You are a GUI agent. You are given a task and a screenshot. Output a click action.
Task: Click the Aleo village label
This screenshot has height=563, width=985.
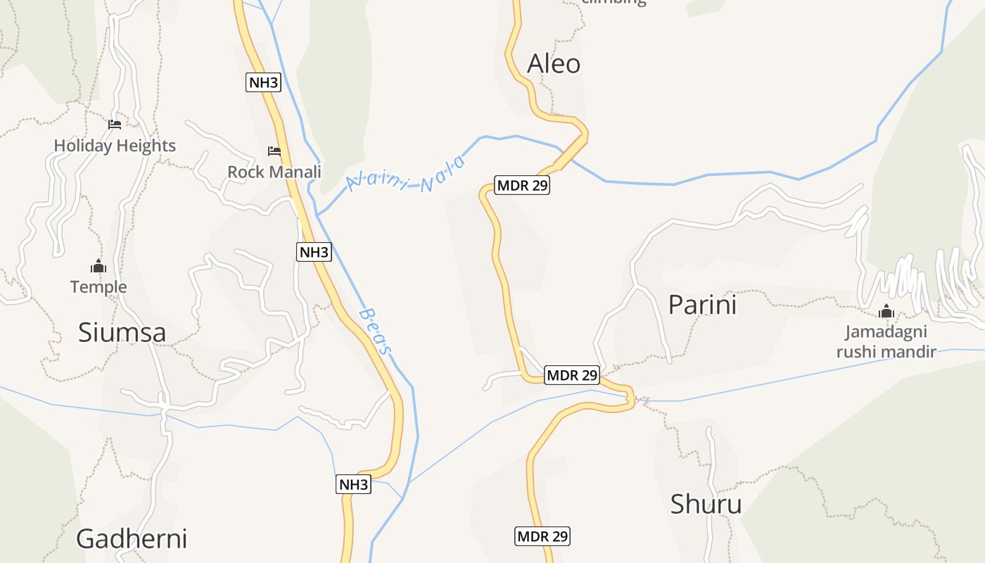coord(554,64)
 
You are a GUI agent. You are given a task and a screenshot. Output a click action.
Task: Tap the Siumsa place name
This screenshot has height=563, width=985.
coord(122,332)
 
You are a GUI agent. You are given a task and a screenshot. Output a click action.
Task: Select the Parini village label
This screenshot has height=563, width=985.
coord(701,305)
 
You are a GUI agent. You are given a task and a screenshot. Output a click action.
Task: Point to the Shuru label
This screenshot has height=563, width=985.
coord(706,504)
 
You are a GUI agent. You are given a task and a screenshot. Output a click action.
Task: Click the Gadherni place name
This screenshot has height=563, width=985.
coord(132,538)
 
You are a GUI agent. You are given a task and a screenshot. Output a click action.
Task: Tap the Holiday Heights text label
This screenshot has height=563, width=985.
coord(115,146)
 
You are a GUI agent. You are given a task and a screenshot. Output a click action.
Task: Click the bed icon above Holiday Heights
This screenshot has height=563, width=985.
coord(115,125)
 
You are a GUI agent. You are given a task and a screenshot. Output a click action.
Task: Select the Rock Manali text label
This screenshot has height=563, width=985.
coord(274,172)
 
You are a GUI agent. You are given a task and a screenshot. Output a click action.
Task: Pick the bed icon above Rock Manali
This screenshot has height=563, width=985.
coord(274,151)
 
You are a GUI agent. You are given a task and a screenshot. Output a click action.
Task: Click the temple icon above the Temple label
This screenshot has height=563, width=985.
coord(99,267)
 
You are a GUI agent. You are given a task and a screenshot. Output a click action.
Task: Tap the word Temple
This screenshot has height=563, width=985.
coord(99,287)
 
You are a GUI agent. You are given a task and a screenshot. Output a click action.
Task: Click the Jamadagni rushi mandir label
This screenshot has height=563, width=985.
coord(886,341)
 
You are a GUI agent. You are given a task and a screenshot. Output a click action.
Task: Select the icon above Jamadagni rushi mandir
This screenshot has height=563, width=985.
coord(886,311)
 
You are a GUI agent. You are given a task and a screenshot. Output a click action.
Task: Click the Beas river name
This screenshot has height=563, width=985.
coord(375,331)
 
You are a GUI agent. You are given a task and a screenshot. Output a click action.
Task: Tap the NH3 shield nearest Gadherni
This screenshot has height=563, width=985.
coord(353,484)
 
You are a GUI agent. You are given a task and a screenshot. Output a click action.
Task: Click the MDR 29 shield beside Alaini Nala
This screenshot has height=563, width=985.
coord(521,186)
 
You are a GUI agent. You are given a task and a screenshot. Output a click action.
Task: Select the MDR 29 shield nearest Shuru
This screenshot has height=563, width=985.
coord(542,536)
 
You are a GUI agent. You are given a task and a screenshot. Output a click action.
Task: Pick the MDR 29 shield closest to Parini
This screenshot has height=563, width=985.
coord(571,375)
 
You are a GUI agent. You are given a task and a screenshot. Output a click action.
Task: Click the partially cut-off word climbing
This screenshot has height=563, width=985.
coord(614,2)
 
